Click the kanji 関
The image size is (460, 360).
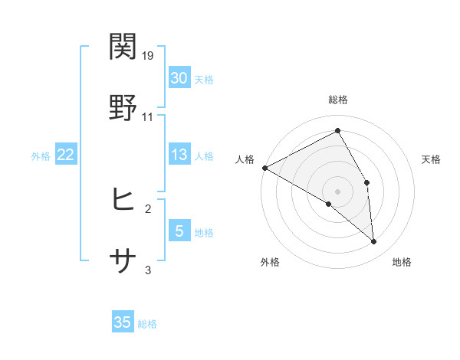coord(123,47)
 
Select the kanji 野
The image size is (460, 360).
coord(123,108)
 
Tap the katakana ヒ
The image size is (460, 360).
coord(123,200)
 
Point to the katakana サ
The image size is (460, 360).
coord(123,261)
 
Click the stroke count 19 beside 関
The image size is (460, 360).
coord(149,56)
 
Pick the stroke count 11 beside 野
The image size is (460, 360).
coord(148,117)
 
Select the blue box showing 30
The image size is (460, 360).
coord(179,77)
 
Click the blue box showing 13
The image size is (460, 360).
coord(179,155)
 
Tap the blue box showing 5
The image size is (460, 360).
coord(179,231)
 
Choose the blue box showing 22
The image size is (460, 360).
coord(66,155)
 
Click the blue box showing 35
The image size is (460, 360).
coord(123,322)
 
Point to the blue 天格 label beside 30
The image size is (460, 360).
coord(204,80)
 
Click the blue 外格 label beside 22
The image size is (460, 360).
coord(41,156)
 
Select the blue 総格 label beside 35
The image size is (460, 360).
coord(148,324)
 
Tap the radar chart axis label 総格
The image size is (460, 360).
coord(338,100)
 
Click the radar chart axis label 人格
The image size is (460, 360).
coord(245,159)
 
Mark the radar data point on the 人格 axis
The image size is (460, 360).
coord(264,168)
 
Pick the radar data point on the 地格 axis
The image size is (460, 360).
coord(374,242)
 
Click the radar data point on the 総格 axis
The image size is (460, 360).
coord(338,130)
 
